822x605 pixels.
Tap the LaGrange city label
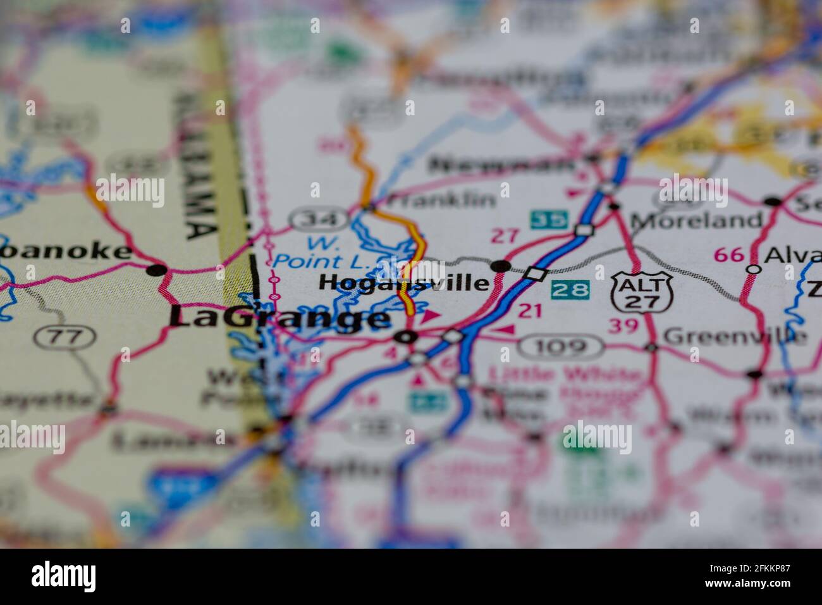(279, 318)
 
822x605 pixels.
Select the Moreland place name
(696, 220)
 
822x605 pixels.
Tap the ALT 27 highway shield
(642, 291)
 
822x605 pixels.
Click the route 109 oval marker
(560, 347)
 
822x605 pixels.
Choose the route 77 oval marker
(65, 337)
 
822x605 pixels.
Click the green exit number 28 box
(570, 290)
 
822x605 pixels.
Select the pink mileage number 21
(531, 310)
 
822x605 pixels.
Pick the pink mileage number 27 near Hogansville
(505, 237)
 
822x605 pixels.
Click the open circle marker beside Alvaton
(753, 268)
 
